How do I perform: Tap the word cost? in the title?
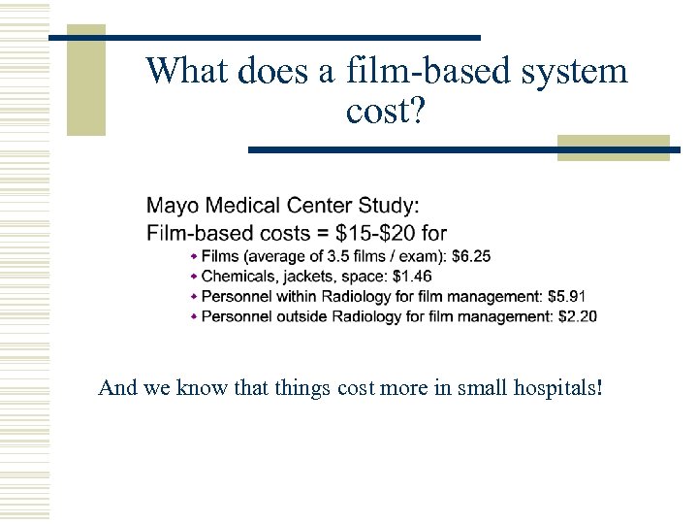(x=385, y=112)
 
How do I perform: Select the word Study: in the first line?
(x=386, y=206)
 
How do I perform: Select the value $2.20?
(x=578, y=316)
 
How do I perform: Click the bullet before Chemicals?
(x=194, y=277)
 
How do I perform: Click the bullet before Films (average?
(x=194, y=256)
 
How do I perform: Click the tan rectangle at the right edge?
(x=613, y=147)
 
